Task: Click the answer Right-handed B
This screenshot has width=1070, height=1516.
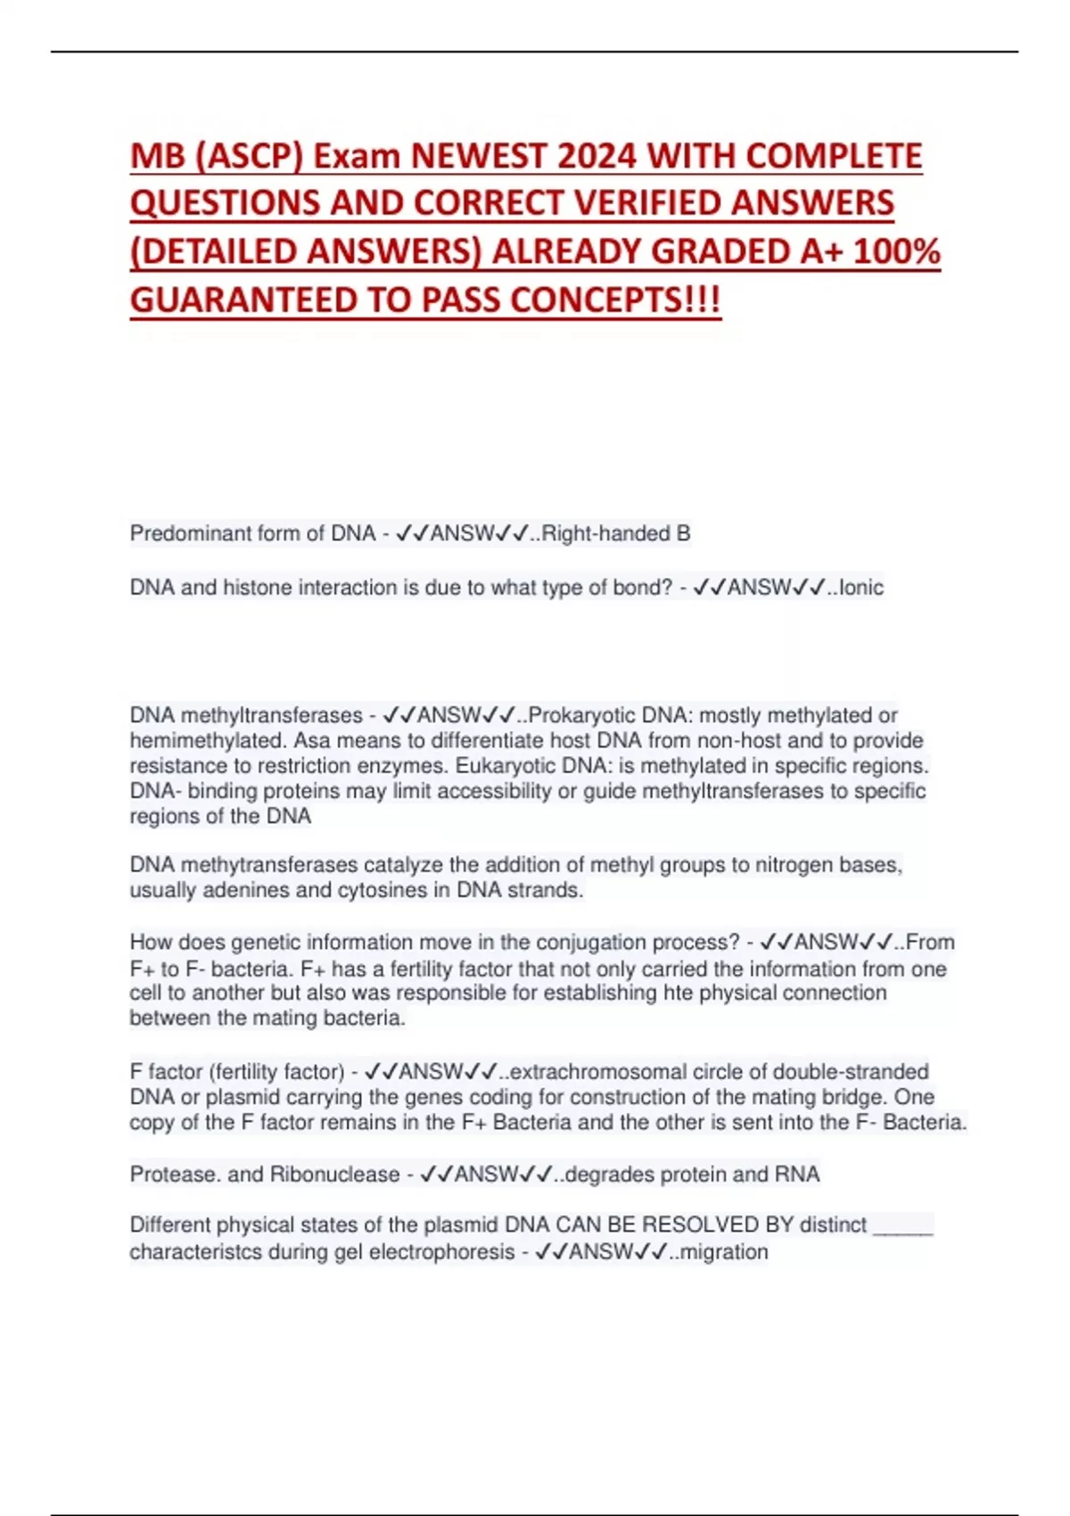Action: pos(615,533)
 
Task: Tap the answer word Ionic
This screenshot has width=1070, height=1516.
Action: pos(861,588)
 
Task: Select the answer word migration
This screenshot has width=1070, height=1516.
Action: pos(723,1252)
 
